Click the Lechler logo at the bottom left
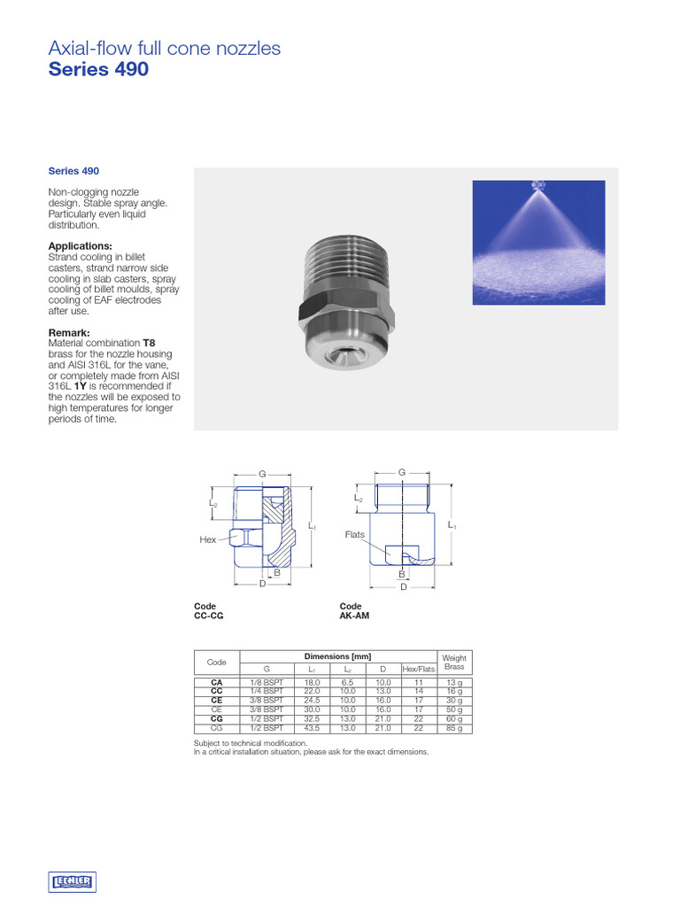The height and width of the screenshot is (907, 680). click(73, 881)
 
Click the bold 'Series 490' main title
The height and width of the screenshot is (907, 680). click(98, 69)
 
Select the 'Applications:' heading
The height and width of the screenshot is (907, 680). click(80, 246)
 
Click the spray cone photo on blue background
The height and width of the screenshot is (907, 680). click(538, 243)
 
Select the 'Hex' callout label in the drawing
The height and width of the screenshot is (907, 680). click(208, 539)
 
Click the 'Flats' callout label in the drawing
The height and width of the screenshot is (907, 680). click(355, 535)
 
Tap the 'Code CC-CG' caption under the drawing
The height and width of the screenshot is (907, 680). click(209, 611)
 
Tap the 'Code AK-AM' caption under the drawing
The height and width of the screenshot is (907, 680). click(354, 611)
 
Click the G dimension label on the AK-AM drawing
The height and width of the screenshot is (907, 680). click(403, 473)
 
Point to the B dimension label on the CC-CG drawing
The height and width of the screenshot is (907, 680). click(277, 573)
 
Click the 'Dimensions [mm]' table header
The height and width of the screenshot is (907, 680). click(337, 656)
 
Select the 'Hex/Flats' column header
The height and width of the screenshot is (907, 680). click(419, 669)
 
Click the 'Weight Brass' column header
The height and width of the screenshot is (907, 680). click(454, 663)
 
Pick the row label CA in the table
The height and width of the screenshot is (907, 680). click(217, 683)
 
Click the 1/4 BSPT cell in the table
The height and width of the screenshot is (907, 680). click(267, 691)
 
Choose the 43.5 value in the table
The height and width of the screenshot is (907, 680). click(312, 728)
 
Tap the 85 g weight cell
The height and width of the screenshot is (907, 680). click(454, 728)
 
